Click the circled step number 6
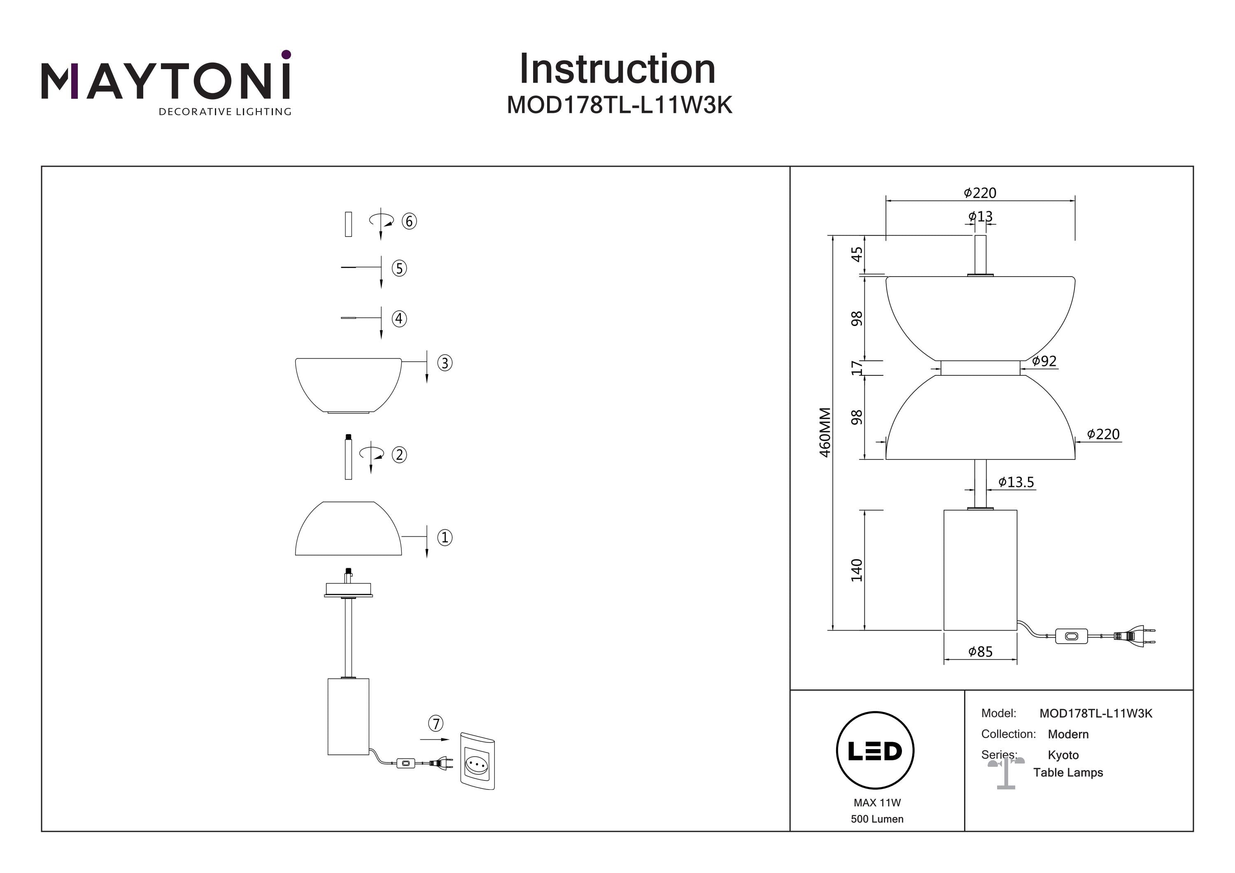(x=409, y=221)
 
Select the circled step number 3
(x=444, y=363)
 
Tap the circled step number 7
(x=436, y=724)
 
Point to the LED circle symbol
(x=875, y=750)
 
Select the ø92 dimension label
(x=1044, y=361)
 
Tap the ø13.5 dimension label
(x=1016, y=482)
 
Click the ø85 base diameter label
(x=980, y=652)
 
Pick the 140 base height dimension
(x=856, y=570)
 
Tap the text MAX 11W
(x=877, y=803)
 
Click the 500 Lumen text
(x=877, y=819)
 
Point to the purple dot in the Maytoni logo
(x=286, y=54)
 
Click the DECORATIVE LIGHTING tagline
(x=225, y=112)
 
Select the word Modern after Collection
(x=1068, y=734)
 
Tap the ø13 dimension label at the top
(x=980, y=216)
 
